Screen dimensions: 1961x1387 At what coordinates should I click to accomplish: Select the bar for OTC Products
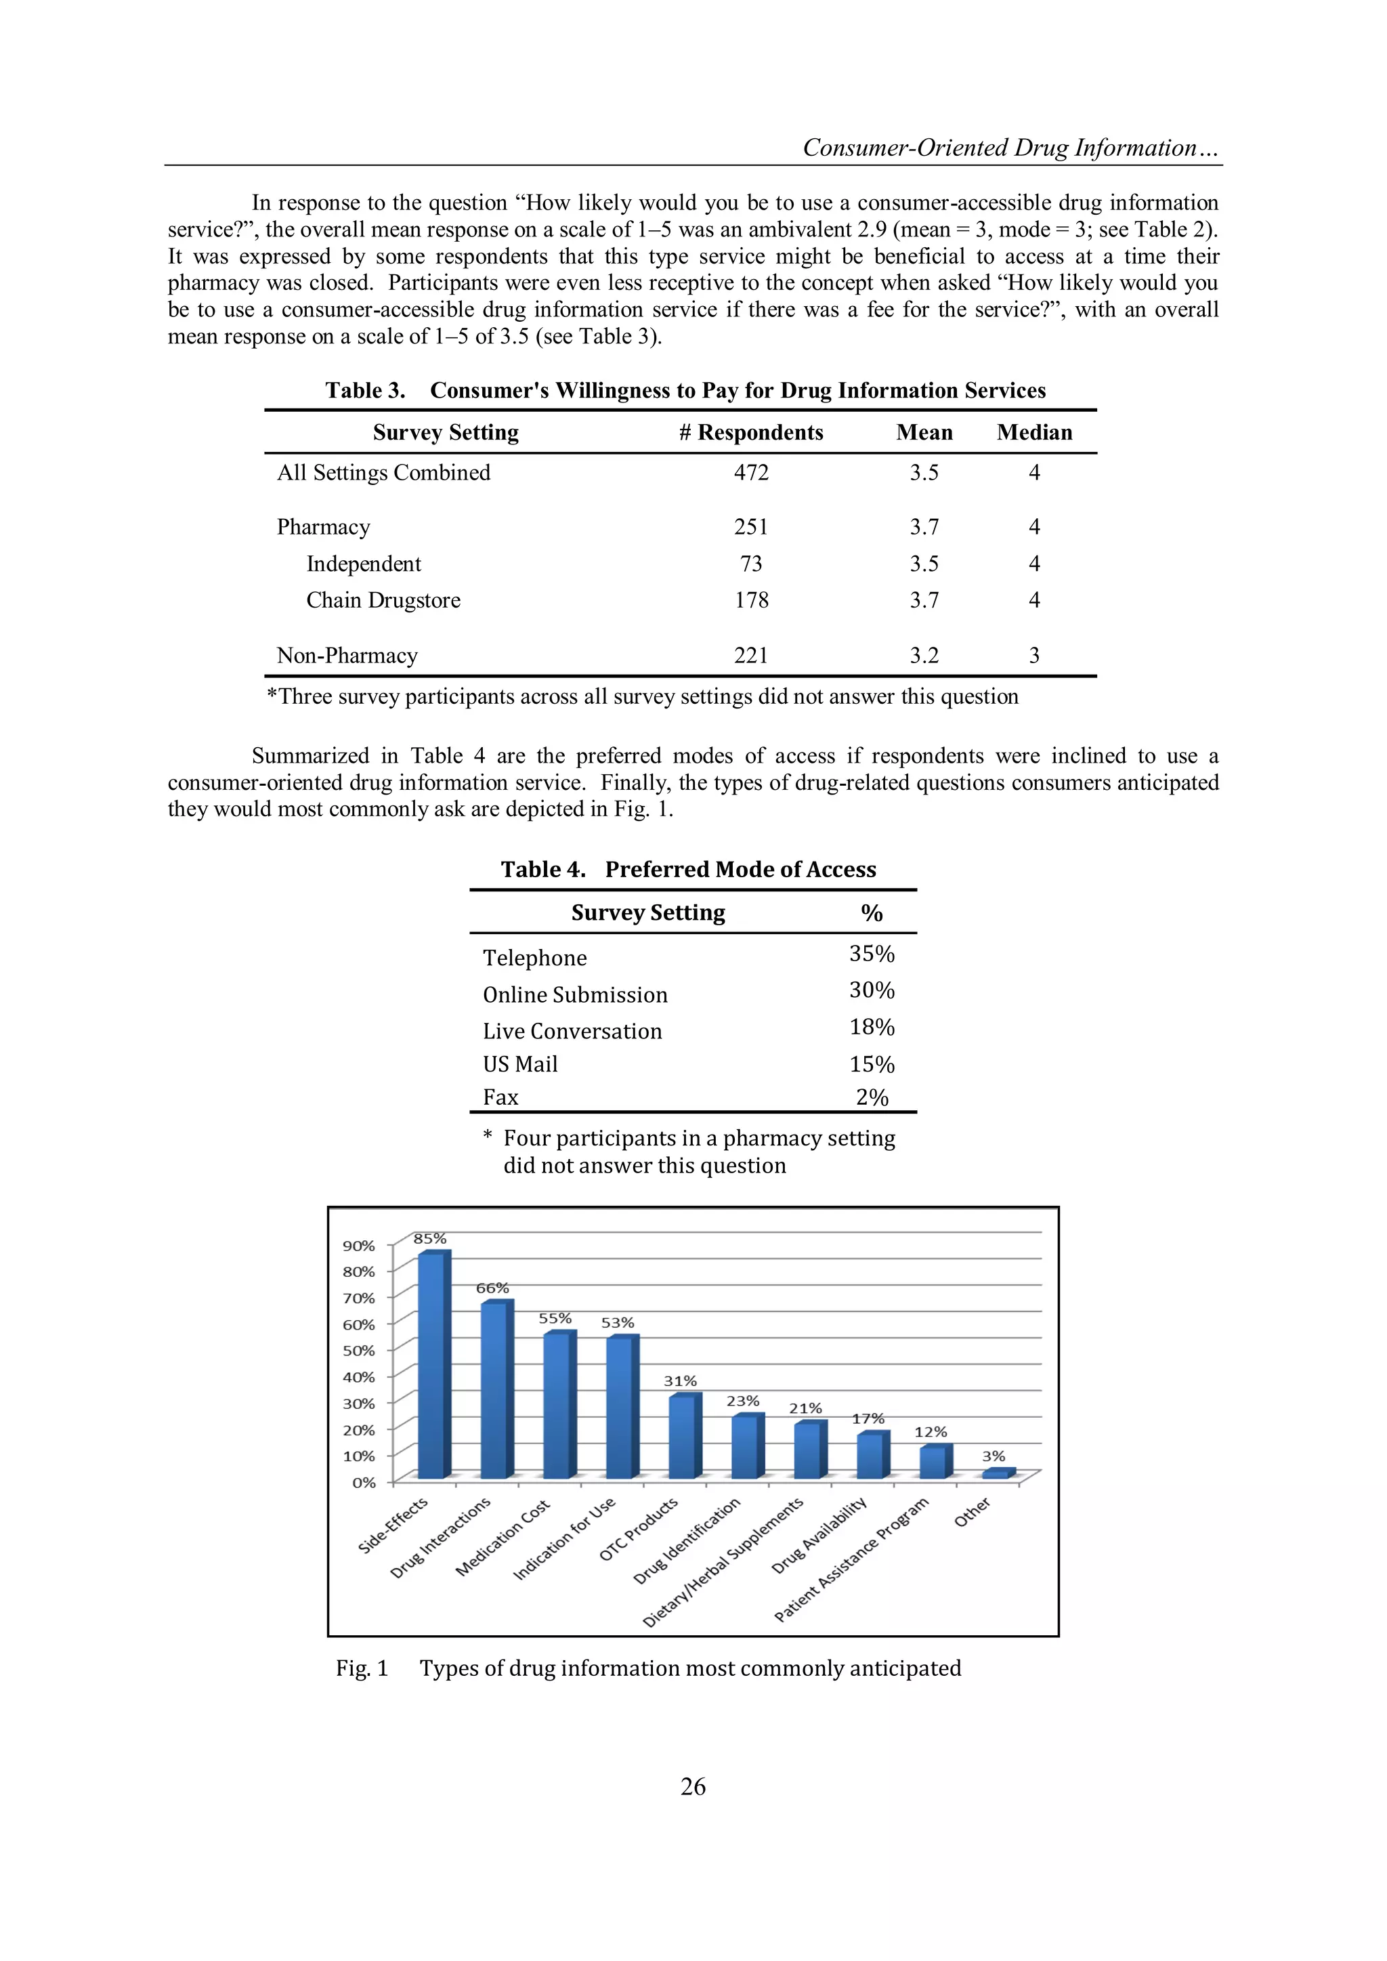[x=683, y=1437]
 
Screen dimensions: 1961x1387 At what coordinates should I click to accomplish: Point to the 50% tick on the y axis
[x=359, y=1350]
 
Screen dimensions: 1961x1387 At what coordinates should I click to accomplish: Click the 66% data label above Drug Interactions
[x=492, y=1288]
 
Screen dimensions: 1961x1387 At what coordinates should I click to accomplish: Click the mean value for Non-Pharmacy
[x=923, y=655]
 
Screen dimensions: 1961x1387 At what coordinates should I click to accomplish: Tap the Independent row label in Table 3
[x=363, y=564]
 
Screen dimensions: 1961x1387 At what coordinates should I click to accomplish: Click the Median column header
[x=1033, y=432]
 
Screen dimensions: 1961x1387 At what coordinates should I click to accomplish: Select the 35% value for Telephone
[x=871, y=954]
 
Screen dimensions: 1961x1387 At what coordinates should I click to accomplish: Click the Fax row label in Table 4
[x=500, y=1097]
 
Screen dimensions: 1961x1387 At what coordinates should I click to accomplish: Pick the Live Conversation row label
[x=572, y=1031]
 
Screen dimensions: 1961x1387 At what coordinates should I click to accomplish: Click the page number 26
[x=693, y=1787]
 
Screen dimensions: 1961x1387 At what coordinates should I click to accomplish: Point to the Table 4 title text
[x=688, y=870]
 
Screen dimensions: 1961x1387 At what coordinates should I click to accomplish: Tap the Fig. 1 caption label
[x=362, y=1668]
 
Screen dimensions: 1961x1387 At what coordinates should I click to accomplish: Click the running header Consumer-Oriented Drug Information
[x=1010, y=148]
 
